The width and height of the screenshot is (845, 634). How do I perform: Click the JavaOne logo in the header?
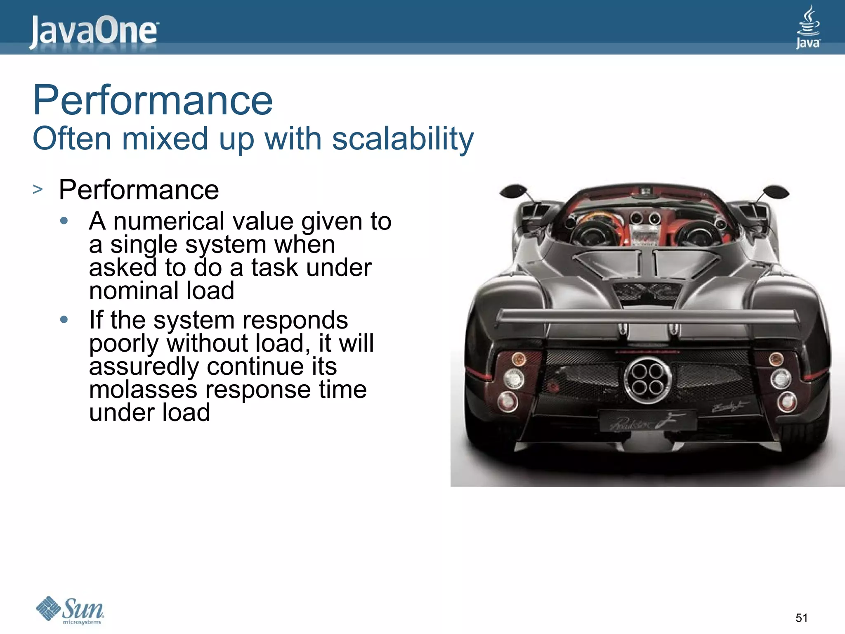(94, 31)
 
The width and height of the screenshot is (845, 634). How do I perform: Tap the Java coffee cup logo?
(808, 27)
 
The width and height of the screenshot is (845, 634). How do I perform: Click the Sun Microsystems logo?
(70, 610)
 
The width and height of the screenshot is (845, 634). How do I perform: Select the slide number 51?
(801, 618)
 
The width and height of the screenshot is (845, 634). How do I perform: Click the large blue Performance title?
(153, 100)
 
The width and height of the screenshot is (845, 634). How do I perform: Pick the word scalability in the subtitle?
(403, 139)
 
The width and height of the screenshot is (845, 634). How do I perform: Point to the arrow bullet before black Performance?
(38, 189)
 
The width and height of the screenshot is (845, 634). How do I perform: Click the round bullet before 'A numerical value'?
(64, 221)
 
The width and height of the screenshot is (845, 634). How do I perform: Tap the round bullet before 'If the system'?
(64, 319)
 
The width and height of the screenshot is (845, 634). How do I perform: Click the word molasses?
(143, 389)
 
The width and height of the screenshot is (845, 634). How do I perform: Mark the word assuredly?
(144, 367)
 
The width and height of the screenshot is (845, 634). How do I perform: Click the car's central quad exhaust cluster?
(647, 379)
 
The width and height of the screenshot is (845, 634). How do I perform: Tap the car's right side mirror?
(776, 192)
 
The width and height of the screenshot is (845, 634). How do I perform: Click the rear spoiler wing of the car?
(647, 317)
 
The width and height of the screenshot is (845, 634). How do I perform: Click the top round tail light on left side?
(519, 358)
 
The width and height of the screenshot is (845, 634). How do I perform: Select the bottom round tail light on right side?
(787, 401)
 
